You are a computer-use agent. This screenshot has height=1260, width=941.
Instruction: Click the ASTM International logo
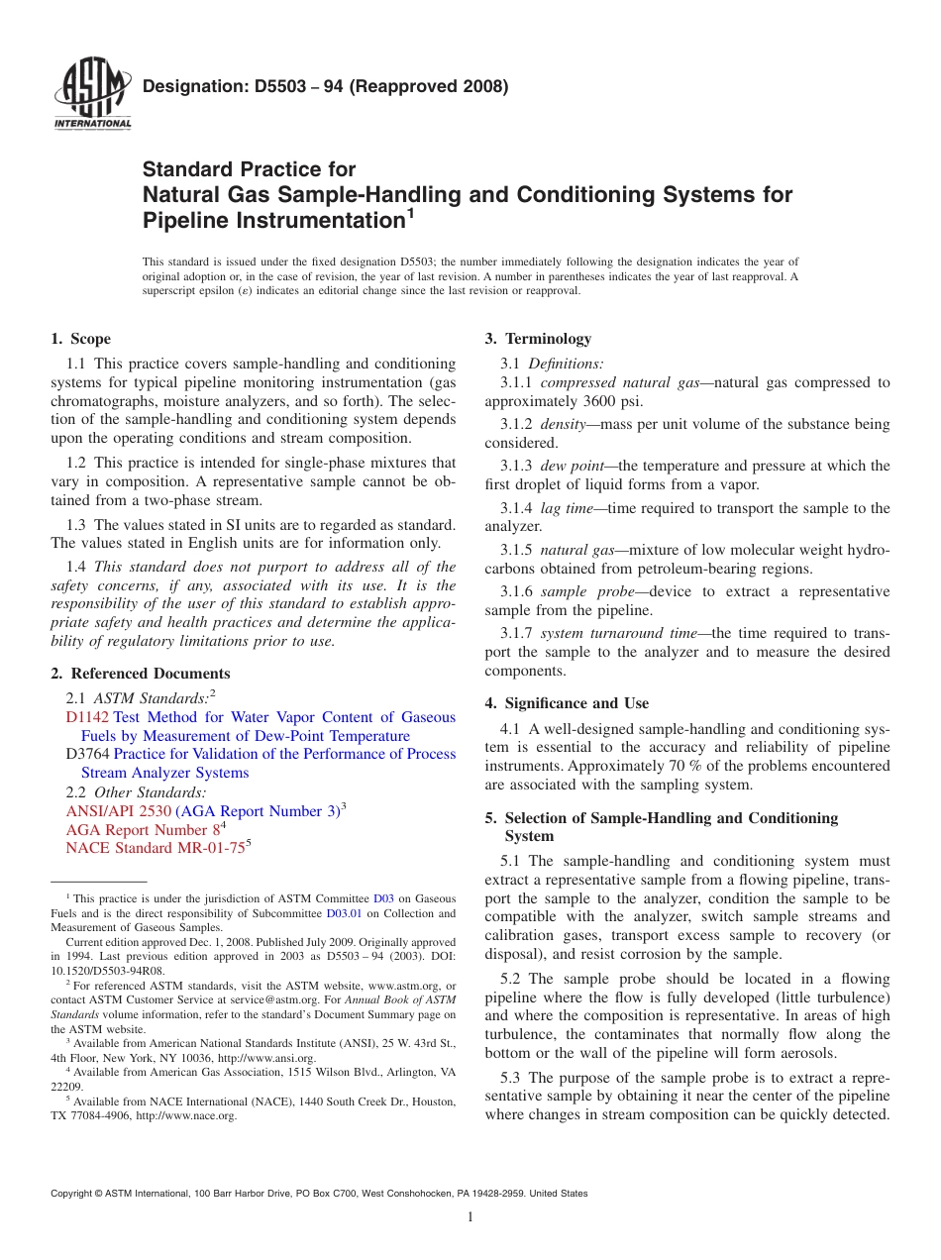91,95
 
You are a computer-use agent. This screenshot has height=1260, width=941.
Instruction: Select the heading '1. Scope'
81,339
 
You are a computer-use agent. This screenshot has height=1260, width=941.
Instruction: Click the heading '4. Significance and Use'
567,703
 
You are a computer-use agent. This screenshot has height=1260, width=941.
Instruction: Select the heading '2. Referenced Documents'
141,674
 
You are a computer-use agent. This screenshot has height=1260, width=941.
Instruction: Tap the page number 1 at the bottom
470,1217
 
